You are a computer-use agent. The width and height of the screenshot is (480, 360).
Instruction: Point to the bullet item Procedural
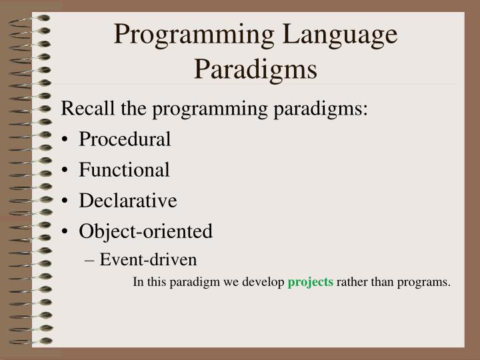click(125, 139)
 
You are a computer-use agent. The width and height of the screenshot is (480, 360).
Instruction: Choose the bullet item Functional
click(124, 170)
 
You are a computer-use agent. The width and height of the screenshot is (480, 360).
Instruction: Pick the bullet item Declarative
click(127, 201)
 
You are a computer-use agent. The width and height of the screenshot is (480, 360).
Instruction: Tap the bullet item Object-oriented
click(145, 231)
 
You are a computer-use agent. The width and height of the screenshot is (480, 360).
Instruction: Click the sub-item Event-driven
click(148, 259)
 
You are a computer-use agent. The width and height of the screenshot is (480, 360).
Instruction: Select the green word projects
click(310, 282)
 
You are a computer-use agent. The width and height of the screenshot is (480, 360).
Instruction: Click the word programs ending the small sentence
click(426, 282)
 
